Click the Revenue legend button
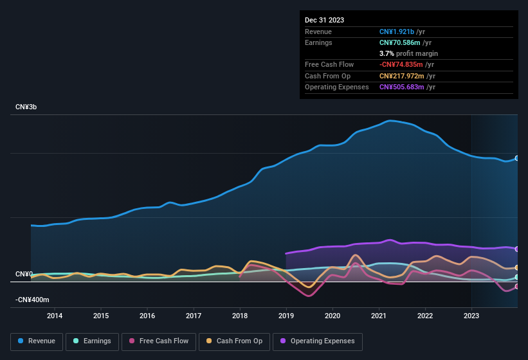[37, 341]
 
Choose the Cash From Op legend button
[235, 341]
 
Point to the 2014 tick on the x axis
[55, 316]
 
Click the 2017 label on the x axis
[194, 316]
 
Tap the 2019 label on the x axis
[286, 316]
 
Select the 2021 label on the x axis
[379, 316]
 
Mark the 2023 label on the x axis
[471, 316]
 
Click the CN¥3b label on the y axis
[26, 107]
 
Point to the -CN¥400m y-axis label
[32, 300]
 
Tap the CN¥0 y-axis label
[24, 274]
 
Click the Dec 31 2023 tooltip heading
[324, 20]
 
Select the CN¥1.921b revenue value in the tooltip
[397, 32]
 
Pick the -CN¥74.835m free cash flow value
[401, 64]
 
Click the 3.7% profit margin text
[408, 53]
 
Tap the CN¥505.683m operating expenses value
[401, 87]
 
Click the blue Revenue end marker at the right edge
[517, 158]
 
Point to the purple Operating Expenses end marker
[517, 249]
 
